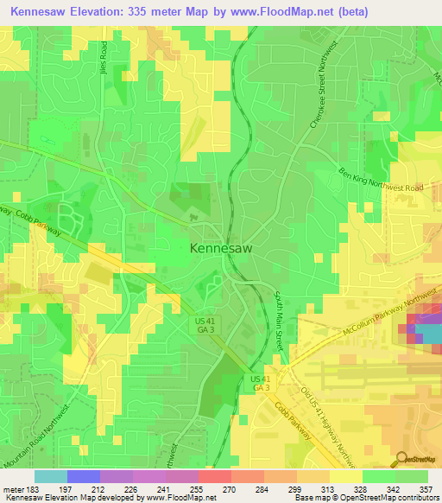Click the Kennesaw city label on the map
[x=220, y=248]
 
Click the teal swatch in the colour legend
[x=50, y=476]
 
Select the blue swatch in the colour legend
[x=83, y=476]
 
